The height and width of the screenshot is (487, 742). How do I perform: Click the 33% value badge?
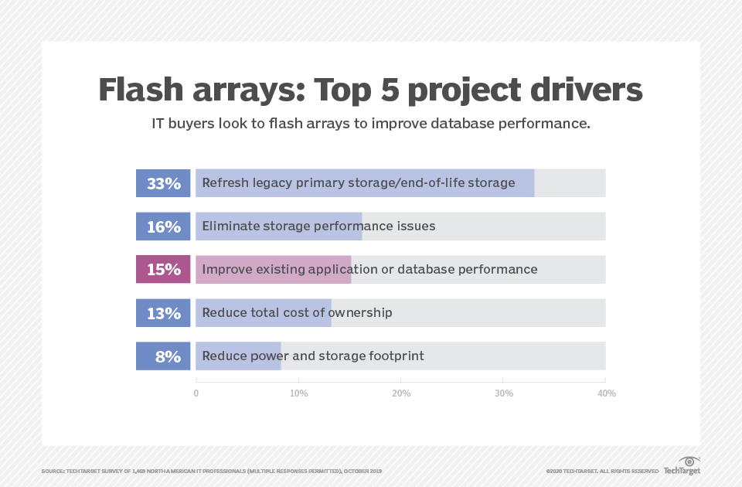(x=163, y=183)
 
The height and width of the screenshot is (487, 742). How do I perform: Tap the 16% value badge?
(x=163, y=226)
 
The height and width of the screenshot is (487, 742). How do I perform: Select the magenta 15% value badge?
(x=163, y=270)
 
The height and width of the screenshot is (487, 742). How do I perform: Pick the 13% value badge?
(x=163, y=313)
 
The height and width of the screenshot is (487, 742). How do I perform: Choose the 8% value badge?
(x=163, y=356)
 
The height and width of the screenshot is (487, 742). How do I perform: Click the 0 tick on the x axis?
(x=196, y=393)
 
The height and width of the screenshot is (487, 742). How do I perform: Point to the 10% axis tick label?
(x=298, y=393)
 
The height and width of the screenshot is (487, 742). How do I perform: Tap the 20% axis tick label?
(x=401, y=393)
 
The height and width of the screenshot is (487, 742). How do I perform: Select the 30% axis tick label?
(x=503, y=393)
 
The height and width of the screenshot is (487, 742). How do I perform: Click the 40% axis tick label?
(x=606, y=393)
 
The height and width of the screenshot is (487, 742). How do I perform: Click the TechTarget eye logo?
(x=688, y=462)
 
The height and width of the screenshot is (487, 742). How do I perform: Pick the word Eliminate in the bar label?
(x=230, y=226)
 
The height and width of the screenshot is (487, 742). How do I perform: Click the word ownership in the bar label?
(x=360, y=313)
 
